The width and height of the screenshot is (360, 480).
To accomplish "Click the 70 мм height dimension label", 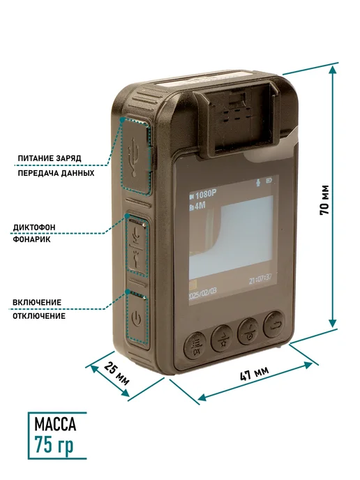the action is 324,200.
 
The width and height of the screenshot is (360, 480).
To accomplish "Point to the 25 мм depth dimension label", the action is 117,373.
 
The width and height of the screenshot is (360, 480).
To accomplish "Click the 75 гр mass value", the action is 54,444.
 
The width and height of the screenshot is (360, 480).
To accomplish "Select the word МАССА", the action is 55,424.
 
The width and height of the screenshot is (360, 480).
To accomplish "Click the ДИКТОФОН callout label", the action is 34,227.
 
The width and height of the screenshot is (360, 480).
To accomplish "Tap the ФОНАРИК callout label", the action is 32,239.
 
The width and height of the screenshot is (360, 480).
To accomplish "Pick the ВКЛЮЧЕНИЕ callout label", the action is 37,303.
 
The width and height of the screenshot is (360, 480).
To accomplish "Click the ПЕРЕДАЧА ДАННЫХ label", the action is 56,173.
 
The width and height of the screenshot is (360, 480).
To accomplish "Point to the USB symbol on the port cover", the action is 134,157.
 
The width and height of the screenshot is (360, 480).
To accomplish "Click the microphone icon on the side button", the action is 136,235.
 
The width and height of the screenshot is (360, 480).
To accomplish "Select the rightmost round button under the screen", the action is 273,325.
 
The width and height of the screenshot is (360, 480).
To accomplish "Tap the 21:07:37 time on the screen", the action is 260,279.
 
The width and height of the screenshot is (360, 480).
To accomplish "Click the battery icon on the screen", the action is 269,181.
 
